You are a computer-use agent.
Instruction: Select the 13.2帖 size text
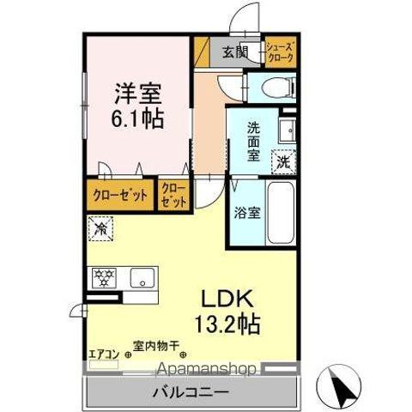228,325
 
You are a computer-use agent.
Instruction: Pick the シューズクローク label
280,51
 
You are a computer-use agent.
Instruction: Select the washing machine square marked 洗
282,160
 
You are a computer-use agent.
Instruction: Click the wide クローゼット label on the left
120,195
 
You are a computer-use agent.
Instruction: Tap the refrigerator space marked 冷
101,229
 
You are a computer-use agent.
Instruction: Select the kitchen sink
142,277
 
